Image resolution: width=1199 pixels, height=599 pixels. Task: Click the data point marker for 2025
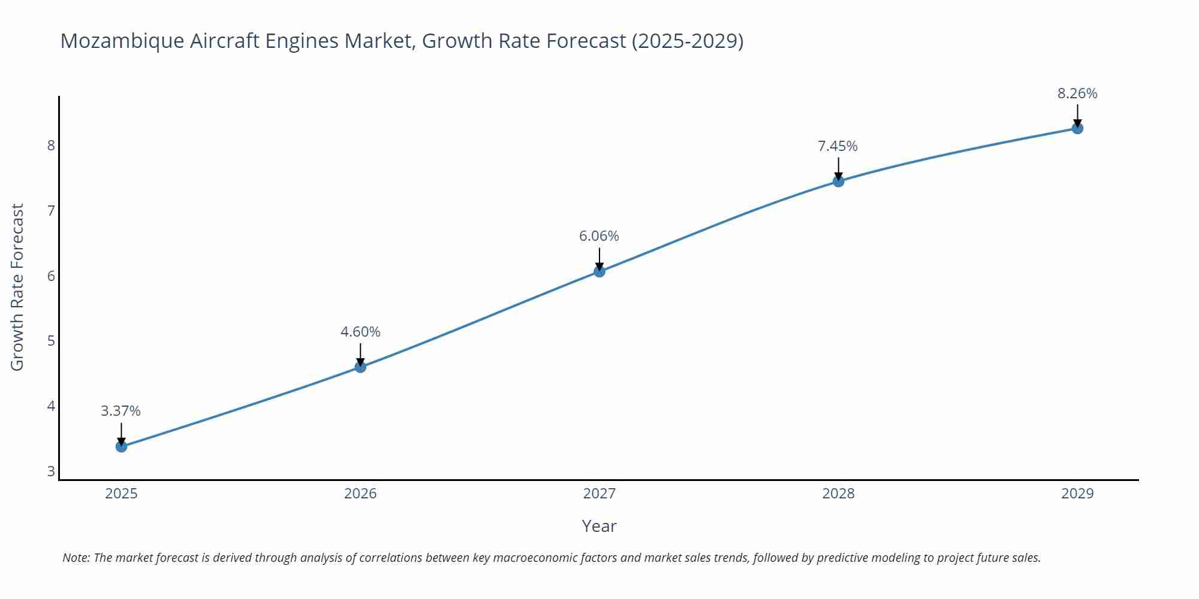pyautogui.click(x=121, y=446)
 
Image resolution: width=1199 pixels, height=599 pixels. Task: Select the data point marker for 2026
pyautogui.click(x=360, y=367)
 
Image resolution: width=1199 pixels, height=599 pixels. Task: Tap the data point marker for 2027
pyautogui.click(x=599, y=271)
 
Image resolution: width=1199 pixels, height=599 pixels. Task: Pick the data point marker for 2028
pyautogui.click(x=838, y=181)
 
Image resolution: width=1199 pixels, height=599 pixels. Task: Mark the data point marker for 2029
pyautogui.click(x=1077, y=128)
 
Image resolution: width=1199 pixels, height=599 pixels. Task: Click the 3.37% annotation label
pyautogui.click(x=120, y=411)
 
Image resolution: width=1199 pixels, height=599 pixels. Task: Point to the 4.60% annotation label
pyautogui.click(x=360, y=332)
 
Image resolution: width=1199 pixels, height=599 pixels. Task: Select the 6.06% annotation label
pyautogui.click(x=599, y=236)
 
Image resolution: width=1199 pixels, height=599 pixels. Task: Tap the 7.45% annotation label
pyautogui.click(x=838, y=146)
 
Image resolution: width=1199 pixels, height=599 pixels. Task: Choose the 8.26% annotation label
pyautogui.click(x=1077, y=93)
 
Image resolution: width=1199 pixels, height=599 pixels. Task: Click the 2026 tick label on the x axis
pyautogui.click(x=360, y=494)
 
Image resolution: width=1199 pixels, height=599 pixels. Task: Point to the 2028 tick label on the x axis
pyautogui.click(x=838, y=494)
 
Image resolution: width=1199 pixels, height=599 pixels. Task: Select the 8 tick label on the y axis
pyautogui.click(x=51, y=146)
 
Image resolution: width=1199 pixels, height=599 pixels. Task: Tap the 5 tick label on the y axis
pyautogui.click(x=51, y=341)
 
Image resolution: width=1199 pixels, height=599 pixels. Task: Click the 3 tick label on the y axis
pyautogui.click(x=51, y=471)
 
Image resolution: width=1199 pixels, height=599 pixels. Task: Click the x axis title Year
pyautogui.click(x=599, y=526)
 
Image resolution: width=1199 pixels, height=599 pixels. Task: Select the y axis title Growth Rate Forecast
pyautogui.click(x=17, y=287)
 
